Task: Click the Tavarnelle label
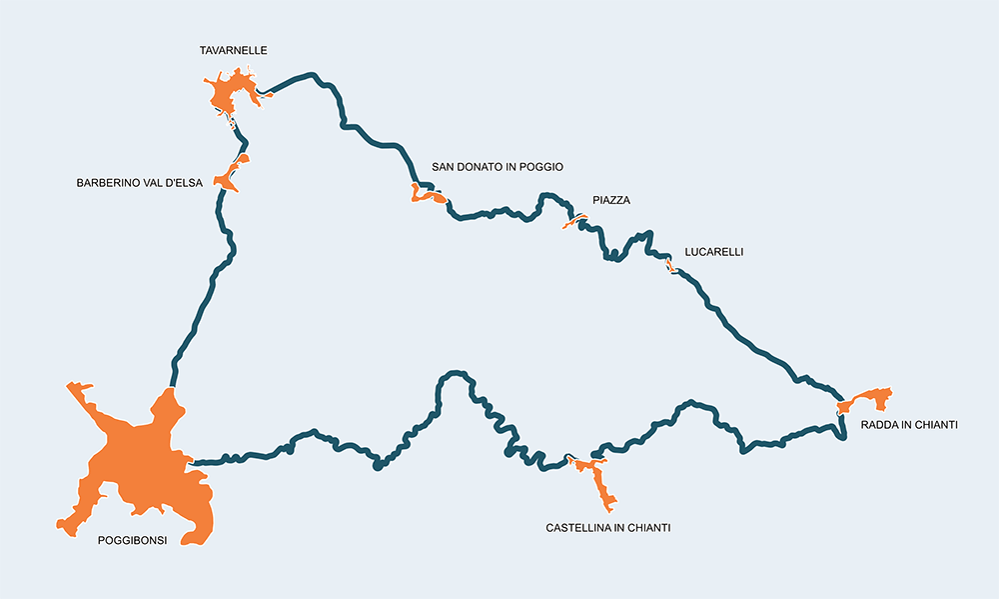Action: (234, 50)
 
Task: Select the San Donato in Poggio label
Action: (498, 167)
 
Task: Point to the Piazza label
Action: (611, 201)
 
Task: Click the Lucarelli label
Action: (714, 252)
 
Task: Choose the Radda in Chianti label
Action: (909, 425)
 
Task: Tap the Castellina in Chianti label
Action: (607, 527)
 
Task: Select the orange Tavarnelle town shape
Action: (231, 92)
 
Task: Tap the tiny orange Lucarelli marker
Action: (672, 267)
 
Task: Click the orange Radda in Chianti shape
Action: (867, 399)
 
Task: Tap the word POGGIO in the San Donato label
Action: (540, 167)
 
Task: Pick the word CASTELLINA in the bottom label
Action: (578, 527)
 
